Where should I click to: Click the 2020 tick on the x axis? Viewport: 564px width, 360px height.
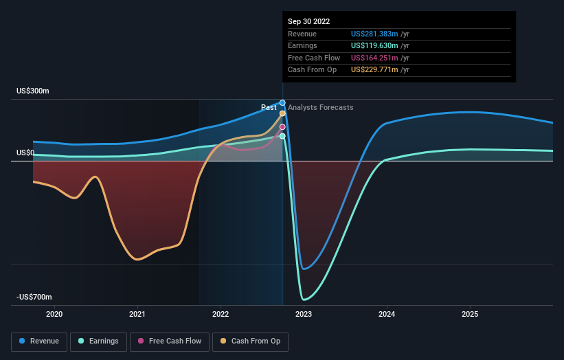point(54,314)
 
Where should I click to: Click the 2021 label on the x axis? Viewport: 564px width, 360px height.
point(137,314)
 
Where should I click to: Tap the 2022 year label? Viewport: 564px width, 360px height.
point(221,314)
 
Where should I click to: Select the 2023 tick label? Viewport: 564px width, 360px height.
point(304,314)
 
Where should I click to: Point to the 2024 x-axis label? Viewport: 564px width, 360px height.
point(387,314)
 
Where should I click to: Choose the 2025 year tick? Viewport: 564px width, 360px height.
point(470,314)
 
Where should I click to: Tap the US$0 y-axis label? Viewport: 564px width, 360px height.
point(25,153)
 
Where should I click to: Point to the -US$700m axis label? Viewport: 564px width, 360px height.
point(34,297)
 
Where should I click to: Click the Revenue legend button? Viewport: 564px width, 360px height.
point(40,341)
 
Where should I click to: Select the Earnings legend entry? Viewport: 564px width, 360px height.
point(99,341)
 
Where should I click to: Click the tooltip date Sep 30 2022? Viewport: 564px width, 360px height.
point(308,21)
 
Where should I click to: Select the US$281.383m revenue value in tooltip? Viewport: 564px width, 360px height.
point(380,34)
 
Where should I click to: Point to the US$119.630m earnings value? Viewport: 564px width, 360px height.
point(380,46)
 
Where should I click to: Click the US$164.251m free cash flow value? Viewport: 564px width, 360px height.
point(380,58)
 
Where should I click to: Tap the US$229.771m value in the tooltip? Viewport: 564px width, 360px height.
point(380,70)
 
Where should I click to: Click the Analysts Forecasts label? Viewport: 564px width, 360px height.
point(320,107)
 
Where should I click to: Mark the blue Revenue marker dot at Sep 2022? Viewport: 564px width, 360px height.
point(282,103)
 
